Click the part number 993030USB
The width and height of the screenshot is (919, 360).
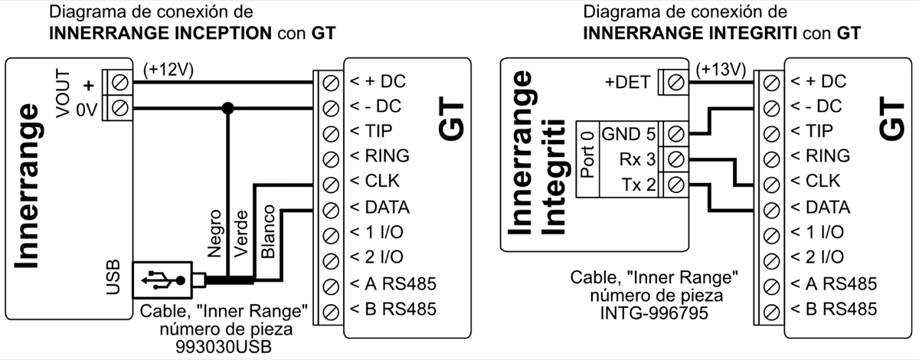click(x=224, y=347)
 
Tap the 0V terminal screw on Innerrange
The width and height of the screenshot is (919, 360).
click(x=119, y=106)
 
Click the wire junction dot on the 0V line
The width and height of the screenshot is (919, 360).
click(x=227, y=106)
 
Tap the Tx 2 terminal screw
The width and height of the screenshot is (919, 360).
click(x=675, y=185)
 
